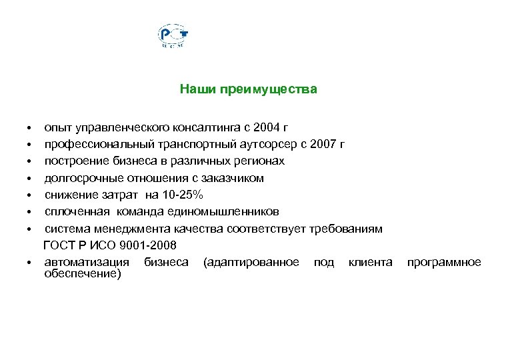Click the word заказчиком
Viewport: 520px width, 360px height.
tap(234, 178)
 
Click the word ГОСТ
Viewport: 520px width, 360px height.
tap(59, 246)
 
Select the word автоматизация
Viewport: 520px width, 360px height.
tap(86, 263)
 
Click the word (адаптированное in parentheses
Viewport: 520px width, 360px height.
tap(251, 263)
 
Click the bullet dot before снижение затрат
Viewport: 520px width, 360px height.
tap(30, 196)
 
